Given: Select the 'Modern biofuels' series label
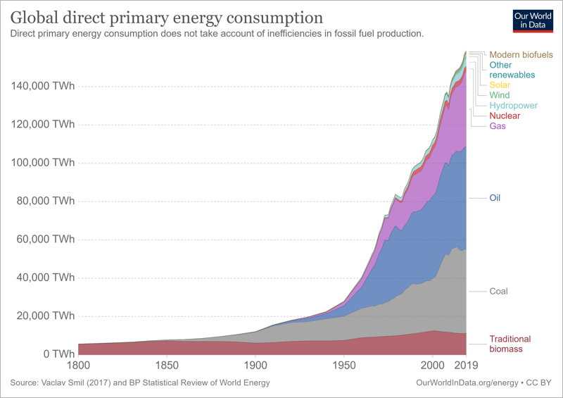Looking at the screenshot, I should tap(521, 55).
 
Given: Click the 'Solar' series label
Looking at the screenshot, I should tap(500, 85).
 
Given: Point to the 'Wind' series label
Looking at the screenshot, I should tap(500, 95).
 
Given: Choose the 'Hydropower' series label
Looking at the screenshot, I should tap(513, 106).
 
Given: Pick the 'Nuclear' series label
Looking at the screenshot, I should tap(505, 116).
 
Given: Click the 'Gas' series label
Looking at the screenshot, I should tap(498, 126).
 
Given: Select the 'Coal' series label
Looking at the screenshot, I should tap(498, 292).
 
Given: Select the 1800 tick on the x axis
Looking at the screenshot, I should tap(79, 366).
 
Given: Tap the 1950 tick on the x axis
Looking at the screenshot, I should tap(343, 366).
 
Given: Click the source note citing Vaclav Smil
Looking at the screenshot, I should tap(140, 383).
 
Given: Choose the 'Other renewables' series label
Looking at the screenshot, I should tap(512, 70).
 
